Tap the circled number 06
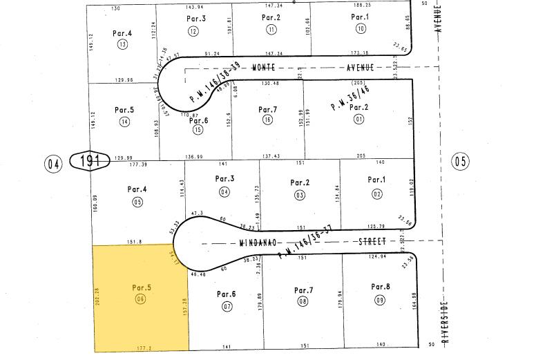[x=141, y=299]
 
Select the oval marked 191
[x=90, y=162]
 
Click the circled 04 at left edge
[x=54, y=163]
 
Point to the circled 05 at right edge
[x=460, y=162]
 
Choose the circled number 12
[x=193, y=30]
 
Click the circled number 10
[x=360, y=28]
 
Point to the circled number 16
[x=267, y=120]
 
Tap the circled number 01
[x=358, y=118]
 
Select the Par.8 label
[x=381, y=286]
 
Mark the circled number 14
[x=124, y=122]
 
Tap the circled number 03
[x=299, y=195]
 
